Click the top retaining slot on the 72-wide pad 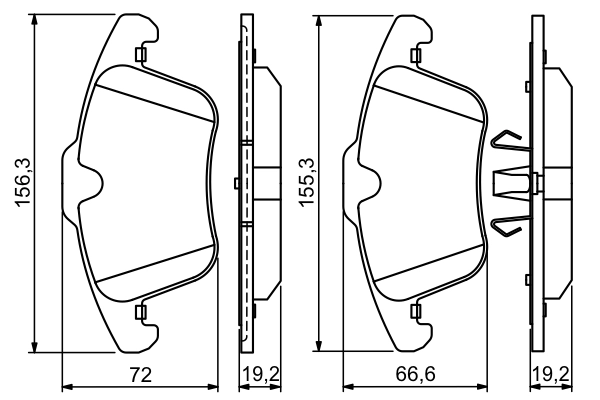(141, 55)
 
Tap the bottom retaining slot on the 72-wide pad (141, 313)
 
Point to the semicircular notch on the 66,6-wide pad (375, 183)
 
